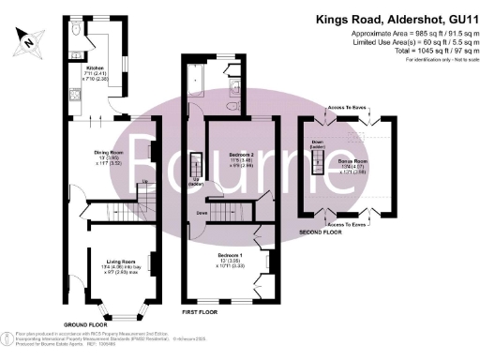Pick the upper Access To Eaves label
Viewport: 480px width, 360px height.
pyautogui.click(x=345, y=109)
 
